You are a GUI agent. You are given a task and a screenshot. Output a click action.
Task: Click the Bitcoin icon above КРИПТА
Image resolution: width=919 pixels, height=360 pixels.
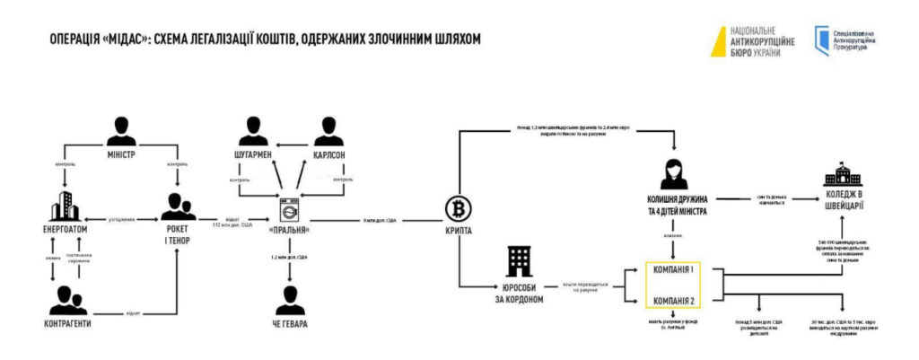click(x=458, y=210)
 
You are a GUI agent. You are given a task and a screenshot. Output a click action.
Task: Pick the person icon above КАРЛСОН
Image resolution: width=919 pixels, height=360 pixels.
click(x=324, y=130)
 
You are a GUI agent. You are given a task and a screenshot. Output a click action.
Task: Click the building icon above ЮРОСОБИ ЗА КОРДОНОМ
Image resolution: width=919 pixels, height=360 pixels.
click(x=521, y=262)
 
